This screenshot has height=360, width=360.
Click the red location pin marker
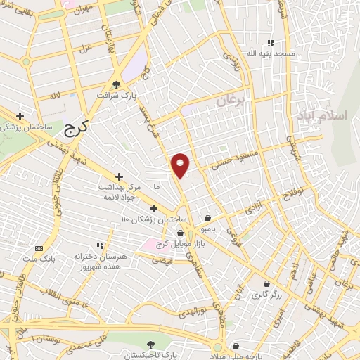[x=181, y=165]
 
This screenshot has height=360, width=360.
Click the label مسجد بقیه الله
[x=269, y=53]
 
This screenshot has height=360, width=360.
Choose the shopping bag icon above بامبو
[x=207, y=218]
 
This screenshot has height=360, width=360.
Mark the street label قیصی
[x=162, y=259]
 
